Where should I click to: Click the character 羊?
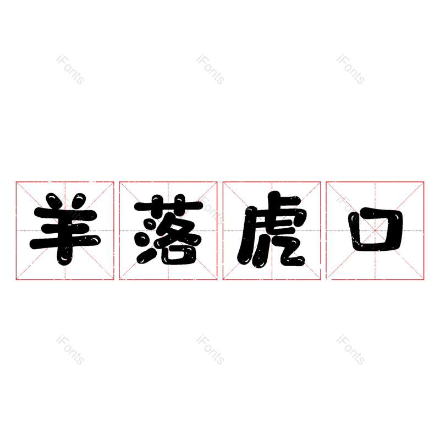pyautogui.click(x=65, y=229)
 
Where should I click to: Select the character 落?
pyautogui.click(x=168, y=229)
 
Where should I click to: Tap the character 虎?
pyautogui.click(x=272, y=229)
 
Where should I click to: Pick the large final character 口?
pyautogui.click(x=376, y=229)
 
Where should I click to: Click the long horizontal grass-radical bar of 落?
pyautogui.click(x=168, y=206)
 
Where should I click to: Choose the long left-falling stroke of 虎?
pyautogui.click(x=245, y=236)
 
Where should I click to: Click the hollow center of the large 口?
pyautogui.click(x=376, y=230)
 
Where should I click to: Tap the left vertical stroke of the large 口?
pyautogui.click(x=354, y=229)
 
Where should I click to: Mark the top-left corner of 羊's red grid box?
pyautogui.click(x=16, y=182)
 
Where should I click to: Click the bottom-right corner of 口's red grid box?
pyautogui.click(x=424, y=279)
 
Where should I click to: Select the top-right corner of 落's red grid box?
pyautogui.click(x=217, y=182)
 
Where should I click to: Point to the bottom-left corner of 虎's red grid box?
pyautogui.click(x=223, y=279)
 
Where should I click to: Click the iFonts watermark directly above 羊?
pyautogui.click(x=70, y=69)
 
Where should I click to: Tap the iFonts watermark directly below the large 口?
pyautogui.click(x=350, y=350)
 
